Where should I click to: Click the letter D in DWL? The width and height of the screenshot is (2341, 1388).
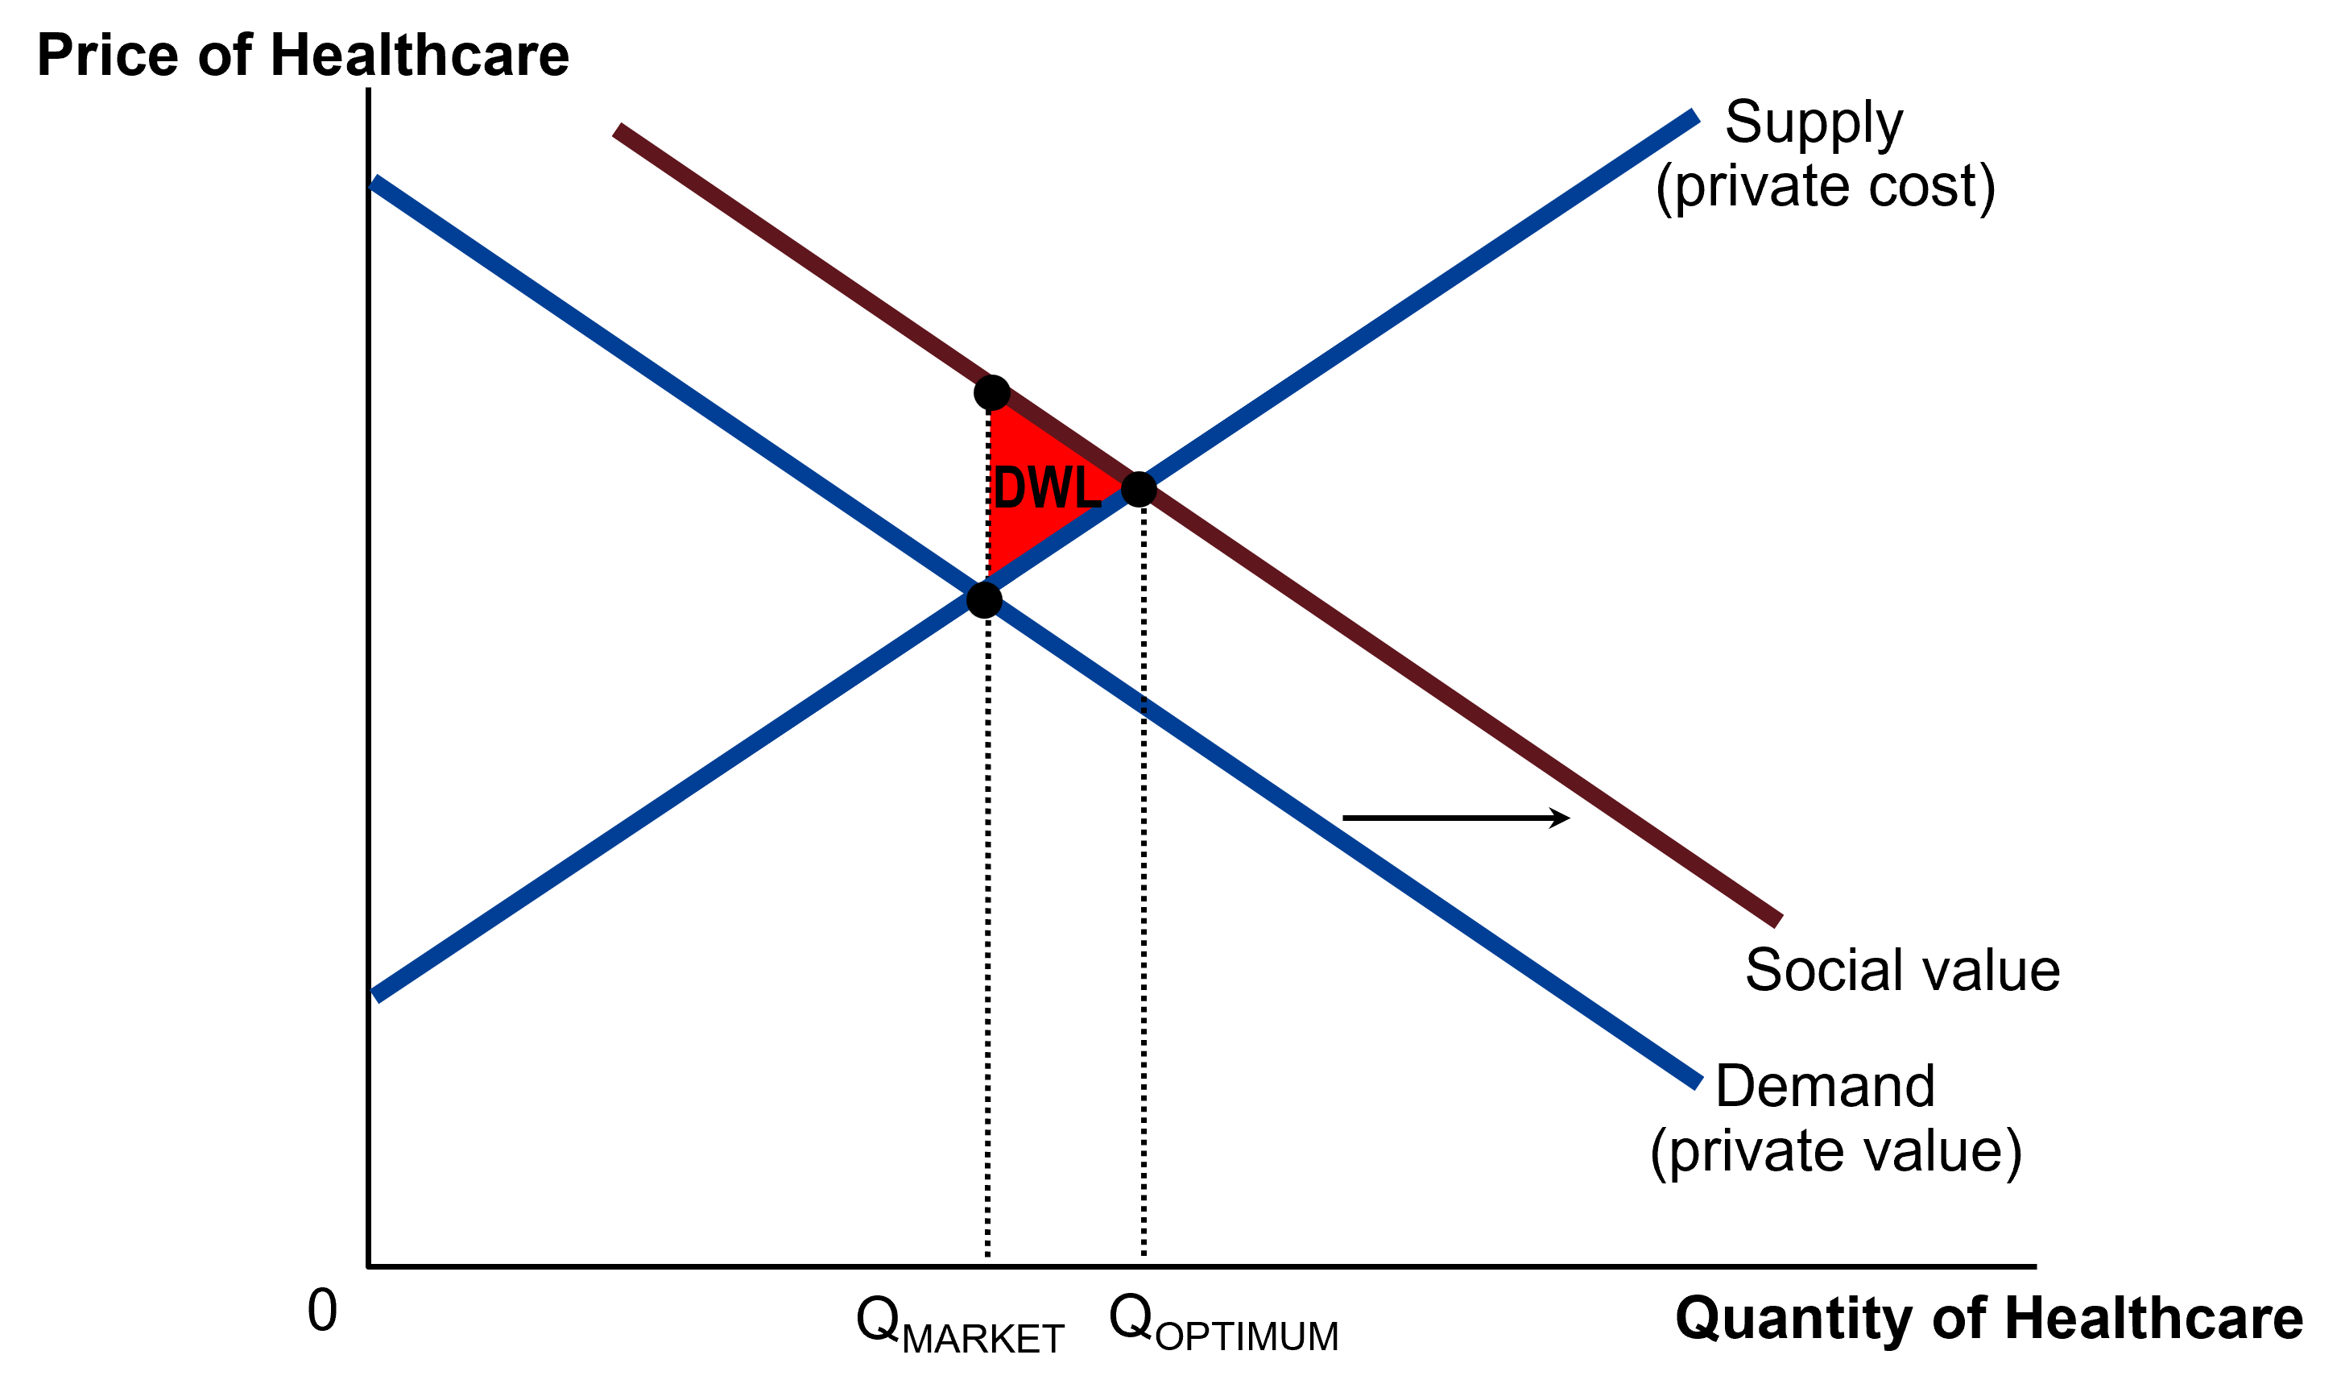[x=1010, y=487]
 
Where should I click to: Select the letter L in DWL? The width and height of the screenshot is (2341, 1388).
[x=1089, y=487]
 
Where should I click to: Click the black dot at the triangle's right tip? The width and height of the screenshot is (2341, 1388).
[x=1139, y=489]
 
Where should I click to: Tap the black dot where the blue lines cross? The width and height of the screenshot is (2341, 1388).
[x=984, y=599]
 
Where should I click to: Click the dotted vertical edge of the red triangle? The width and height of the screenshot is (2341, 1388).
[x=990, y=495]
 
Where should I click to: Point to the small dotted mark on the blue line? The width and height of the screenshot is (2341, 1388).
[x=1144, y=704]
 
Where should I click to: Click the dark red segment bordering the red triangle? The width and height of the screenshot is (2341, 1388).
[x=1065, y=441]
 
